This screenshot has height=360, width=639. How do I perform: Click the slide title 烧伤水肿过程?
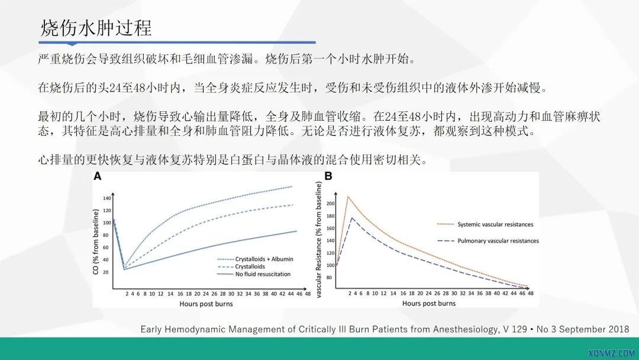point(96,28)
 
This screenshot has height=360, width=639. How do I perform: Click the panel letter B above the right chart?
point(328,176)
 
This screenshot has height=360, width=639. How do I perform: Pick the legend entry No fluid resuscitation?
point(255,274)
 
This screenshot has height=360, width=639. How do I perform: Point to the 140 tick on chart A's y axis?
point(107,198)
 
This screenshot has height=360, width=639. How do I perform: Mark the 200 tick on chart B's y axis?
point(330,203)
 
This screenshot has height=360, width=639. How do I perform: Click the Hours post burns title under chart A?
point(206,304)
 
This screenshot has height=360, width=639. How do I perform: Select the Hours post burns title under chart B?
point(429,304)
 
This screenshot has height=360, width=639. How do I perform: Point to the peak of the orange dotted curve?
point(348,196)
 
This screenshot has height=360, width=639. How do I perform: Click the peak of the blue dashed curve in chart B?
point(353,217)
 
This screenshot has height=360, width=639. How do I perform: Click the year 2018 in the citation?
point(618,329)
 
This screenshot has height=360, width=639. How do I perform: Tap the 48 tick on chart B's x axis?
point(530,294)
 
